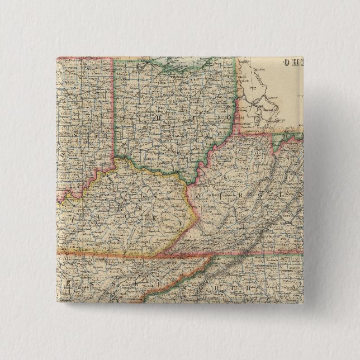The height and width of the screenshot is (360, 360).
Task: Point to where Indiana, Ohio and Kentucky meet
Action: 116,159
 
